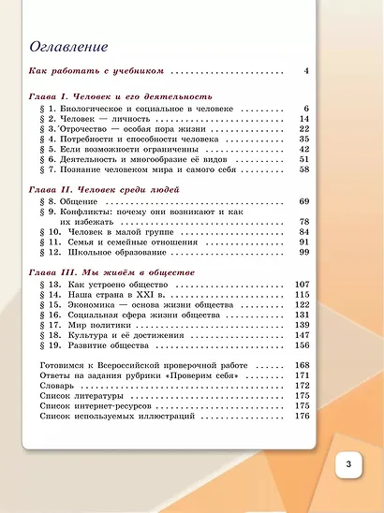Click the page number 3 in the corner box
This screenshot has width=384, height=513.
pos(347,465)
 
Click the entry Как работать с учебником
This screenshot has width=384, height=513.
pos(97,70)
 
